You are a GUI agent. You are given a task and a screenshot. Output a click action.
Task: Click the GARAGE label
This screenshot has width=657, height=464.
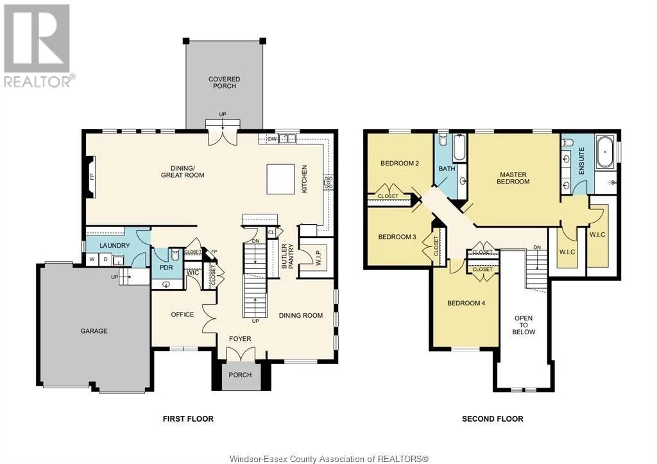click(x=94, y=331)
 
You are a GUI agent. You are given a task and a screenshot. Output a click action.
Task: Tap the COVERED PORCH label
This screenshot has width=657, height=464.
click(x=224, y=83)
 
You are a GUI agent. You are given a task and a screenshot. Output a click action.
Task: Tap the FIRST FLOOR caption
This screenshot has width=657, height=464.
click(x=187, y=419)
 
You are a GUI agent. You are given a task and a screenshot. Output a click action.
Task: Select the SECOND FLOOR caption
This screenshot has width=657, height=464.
click(x=492, y=419)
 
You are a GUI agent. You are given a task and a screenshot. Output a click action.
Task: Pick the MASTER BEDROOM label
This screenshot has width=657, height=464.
click(x=513, y=178)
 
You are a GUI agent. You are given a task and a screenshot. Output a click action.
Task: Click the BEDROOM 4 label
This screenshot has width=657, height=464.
click(x=465, y=303)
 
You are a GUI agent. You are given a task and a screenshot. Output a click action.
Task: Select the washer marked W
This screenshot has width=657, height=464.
click(x=92, y=260)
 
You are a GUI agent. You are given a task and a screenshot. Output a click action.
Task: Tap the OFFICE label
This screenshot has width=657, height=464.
click(x=182, y=314)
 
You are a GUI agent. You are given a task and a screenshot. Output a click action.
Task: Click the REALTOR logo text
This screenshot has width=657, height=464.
click(x=38, y=81)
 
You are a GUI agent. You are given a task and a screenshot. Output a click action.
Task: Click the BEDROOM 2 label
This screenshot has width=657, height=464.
click(x=400, y=163)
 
